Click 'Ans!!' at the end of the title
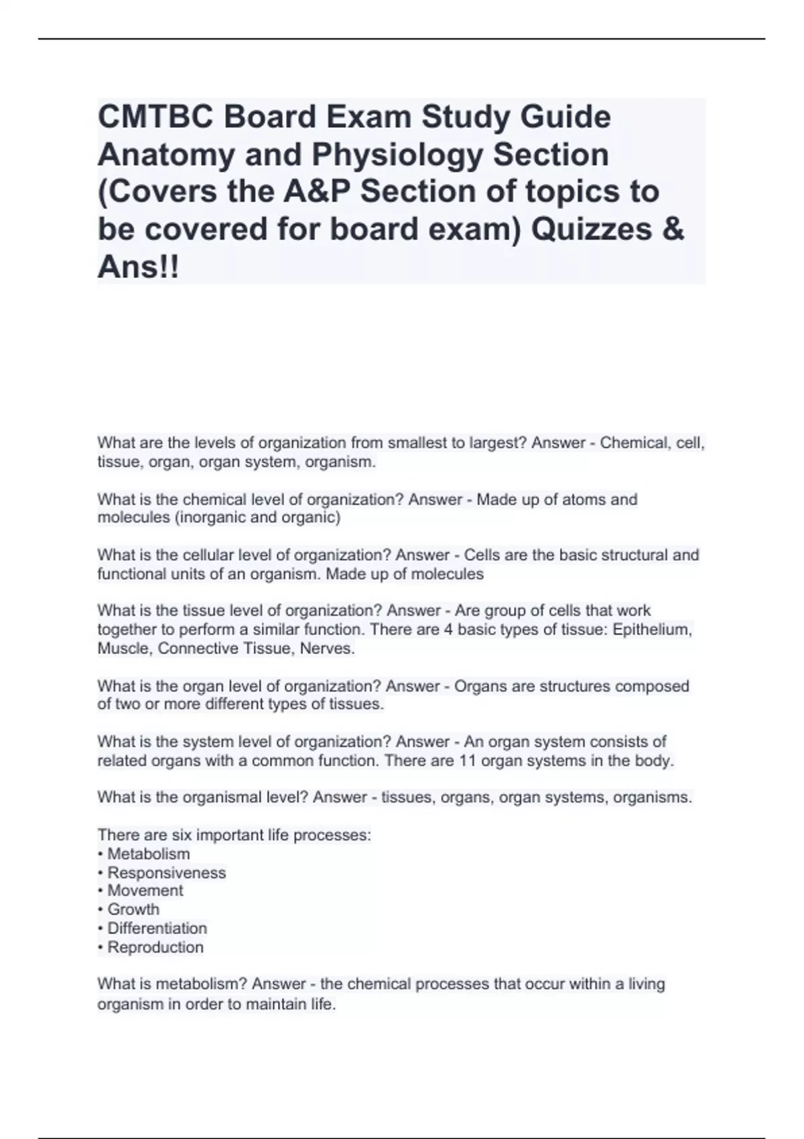pos(138,267)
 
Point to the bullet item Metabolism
pos(148,854)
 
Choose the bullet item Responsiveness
pos(166,872)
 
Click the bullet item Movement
pos(145,890)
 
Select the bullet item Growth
pos(133,909)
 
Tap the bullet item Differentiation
pos(157,928)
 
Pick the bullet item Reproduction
pos(155,947)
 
